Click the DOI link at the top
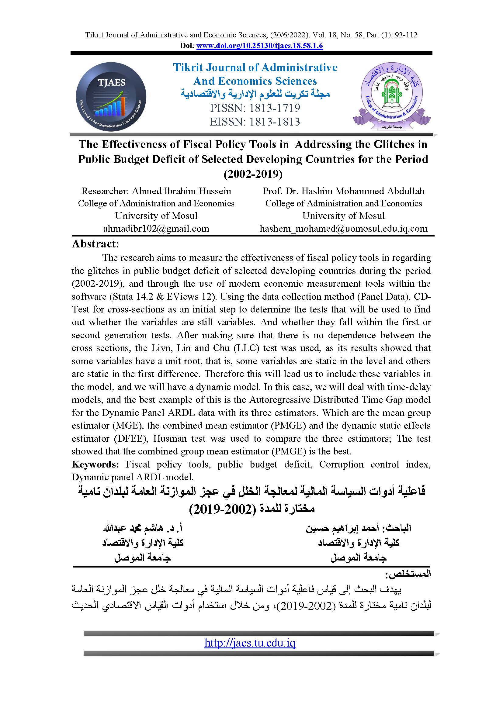point(259,46)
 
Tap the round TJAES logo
point(111,97)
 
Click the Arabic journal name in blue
point(255,94)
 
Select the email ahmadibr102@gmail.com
point(156,229)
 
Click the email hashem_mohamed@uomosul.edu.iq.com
point(343,229)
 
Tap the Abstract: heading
point(95,244)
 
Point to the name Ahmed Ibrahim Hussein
point(182,191)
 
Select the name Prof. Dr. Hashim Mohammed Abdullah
point(343,191)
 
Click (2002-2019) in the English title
point(253,174)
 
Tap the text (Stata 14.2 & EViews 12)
point(162,296)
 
